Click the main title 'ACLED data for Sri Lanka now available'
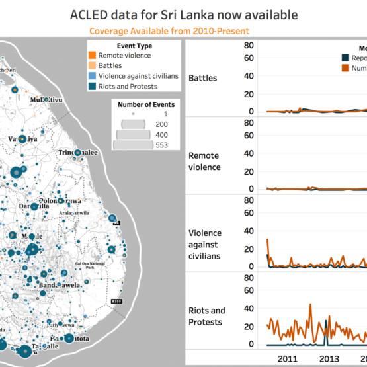(x=183, y=15)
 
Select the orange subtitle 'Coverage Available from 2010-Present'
(x=183, y=30)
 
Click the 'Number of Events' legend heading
(x=146, y=104)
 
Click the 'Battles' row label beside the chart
(x=202, y=78)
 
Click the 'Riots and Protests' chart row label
(x=207, y=316)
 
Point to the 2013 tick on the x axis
(x=330, y=358)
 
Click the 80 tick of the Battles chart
(x=249, y=45)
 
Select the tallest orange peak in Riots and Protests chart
(x=310, y=306)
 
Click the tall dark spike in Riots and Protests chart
(x=326, y=324)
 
